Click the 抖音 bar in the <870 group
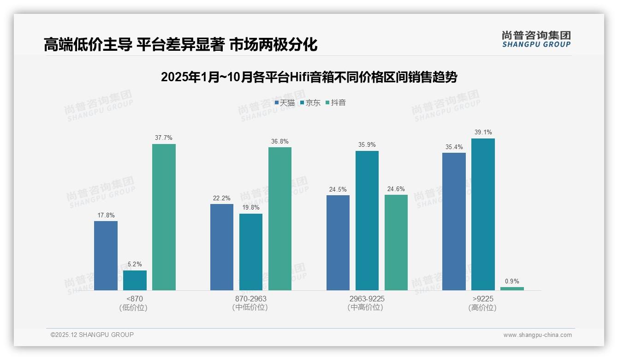coord(164,217)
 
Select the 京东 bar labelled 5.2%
coord(135,280)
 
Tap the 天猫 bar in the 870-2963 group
coord(222,247)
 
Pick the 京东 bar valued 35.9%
coord(367,221)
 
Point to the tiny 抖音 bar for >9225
coord(512,288)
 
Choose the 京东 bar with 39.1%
coord(483,214)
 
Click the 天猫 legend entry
coord(285,102)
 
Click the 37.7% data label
coord(164,138)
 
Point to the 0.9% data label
coord(512,281)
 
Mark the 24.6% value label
coord(396,189)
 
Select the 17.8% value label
coord(106,215)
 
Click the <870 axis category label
coord(135,299)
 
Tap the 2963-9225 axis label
coord(367,299)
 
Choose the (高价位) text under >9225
coord(483,308)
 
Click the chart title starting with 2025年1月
coord(309,77)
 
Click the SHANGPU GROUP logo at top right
coord(536,39)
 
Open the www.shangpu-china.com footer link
coord(537,335)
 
